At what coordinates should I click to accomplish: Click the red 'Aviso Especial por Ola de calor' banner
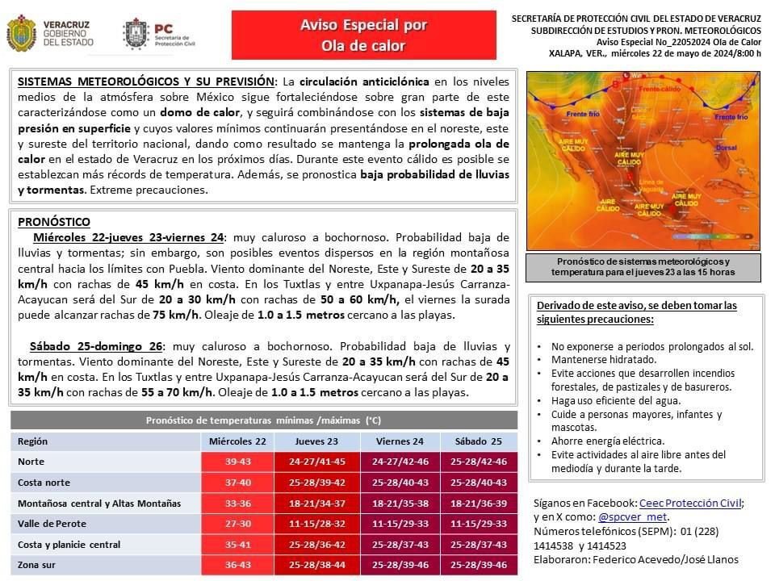click(x=363, y=36)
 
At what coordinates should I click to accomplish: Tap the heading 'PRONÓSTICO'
click(x=54, y=222)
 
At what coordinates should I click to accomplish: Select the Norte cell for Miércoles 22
click(x=237, y=462)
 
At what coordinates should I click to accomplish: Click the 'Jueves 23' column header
click(x=316, y=441)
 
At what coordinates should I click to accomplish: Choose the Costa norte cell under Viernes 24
click(x=400, y=483)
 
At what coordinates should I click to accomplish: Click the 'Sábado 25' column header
click(x=479, y=441)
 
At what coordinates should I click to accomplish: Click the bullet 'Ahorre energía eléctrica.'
click(x=608, y=441)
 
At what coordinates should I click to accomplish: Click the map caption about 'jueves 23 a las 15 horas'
click(x=643, y=267)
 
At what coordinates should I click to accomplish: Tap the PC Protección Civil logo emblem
click(x=134, y=34)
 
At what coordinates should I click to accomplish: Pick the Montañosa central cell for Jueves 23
click(x=316, y=504)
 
